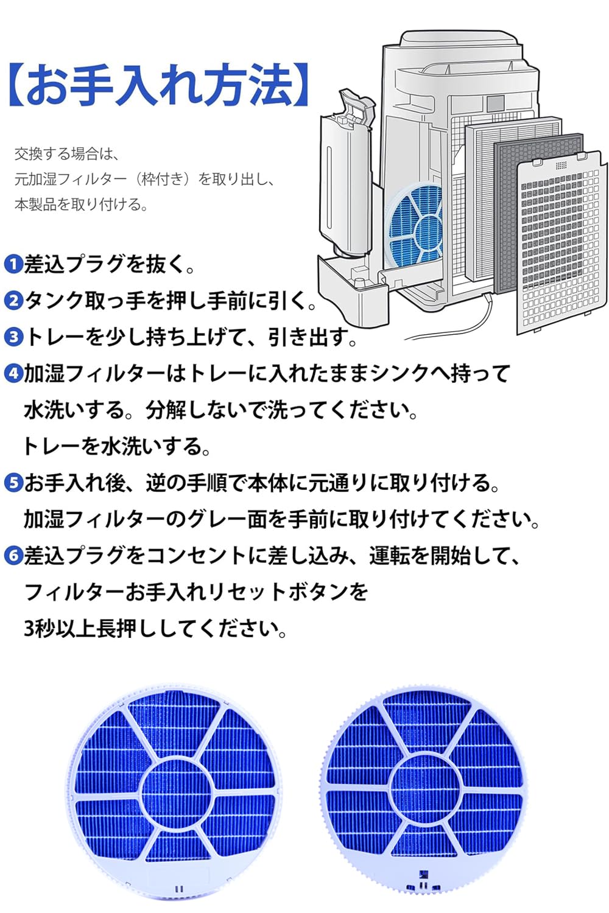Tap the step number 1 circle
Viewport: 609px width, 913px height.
click(x=13, y=264)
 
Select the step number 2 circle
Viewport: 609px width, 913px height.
click(x=13, y=300)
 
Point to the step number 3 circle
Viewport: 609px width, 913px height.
click(x=13, y=337)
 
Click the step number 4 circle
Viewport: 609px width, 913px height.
click(x=13, y=373)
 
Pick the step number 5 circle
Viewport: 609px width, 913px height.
click(x=13, y=483)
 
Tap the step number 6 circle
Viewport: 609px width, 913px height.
click(x=13, y=555)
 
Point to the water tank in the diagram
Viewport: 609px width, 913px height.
click(x=346, y=177)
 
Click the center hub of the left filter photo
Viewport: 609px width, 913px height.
click(x=176, y=791)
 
